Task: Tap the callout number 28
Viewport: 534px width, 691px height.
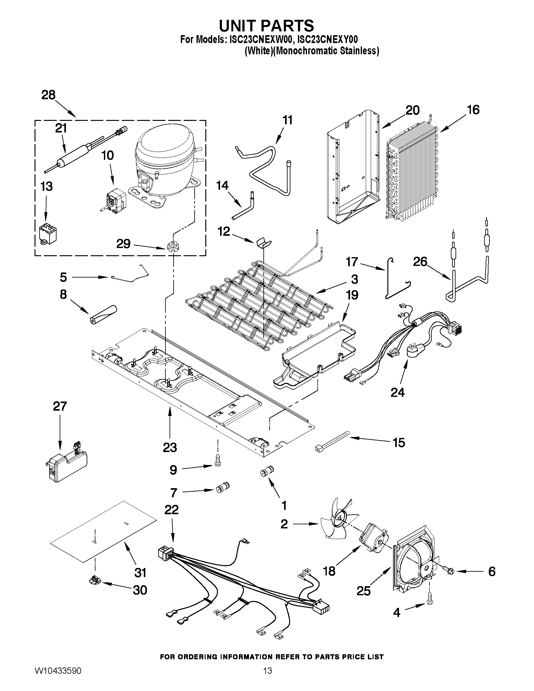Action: pos(48,95)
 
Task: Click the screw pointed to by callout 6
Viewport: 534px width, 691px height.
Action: pos(449,571)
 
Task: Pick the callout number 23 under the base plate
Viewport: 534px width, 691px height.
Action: pos(170,447)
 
